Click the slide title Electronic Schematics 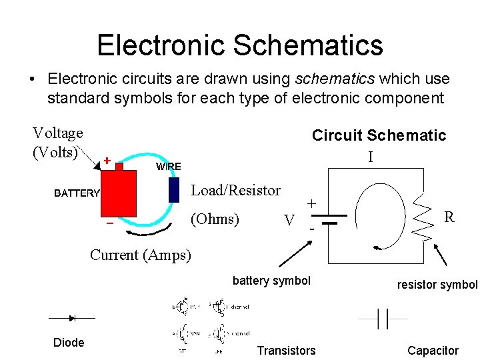coord(240,45)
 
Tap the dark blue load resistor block coord(174,189)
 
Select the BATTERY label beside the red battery coord(77,193)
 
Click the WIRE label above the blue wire coord(168,166)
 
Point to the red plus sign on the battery coord(107,161)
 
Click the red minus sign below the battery coord(109,223)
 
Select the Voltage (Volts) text coord(57,143)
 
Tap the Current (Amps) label coord(140,255)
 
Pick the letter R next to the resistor coord(449,217)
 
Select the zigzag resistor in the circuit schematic coord(423,215)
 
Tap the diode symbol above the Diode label coord(72,318)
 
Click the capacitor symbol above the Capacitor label coord(382,319)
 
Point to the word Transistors coord(286,351)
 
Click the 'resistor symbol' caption coord(437,285)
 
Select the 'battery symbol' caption coord(271,281)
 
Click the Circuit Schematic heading coord(379,135)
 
